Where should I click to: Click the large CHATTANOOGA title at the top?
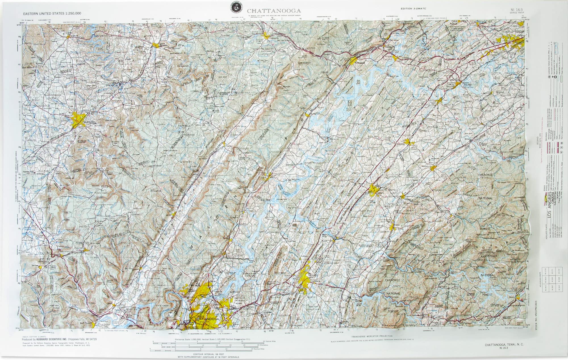[274, 11]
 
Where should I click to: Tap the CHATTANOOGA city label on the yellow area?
[207, 319]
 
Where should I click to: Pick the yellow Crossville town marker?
[266, 35]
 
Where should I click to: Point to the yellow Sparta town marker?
[155, 45]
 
